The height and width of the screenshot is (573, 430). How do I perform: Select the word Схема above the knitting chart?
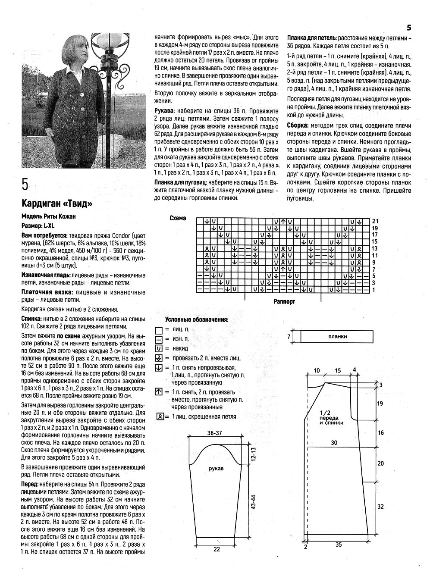(178, 218)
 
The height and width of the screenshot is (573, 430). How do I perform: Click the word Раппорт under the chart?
(284, 302)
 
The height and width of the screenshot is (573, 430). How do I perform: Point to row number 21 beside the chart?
(375, 221)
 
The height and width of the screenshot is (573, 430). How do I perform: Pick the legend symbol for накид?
(158, 348)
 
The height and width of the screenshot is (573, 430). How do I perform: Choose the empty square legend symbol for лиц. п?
(158, 329)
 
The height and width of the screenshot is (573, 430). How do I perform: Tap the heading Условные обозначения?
(197, 319)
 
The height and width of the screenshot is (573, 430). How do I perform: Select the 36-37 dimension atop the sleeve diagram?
(214, 433)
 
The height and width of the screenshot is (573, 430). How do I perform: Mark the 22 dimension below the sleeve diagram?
(217, 549)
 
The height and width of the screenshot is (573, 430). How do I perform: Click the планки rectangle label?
(337, 337)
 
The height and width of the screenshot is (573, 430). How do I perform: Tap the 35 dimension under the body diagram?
(339, 545)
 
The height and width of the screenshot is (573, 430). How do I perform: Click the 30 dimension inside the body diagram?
(334, 442)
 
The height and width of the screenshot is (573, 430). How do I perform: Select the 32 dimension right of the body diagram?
(380, 507)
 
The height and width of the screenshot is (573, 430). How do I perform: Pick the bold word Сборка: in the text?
(297, 125)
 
